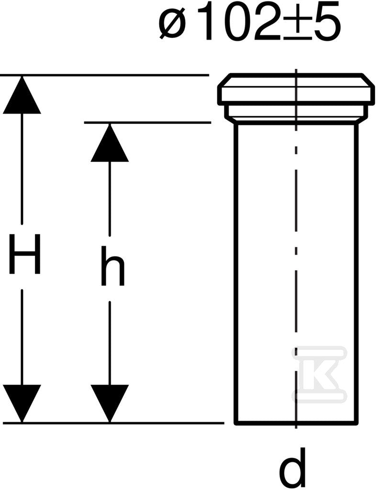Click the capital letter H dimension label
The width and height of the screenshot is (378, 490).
[25, 254]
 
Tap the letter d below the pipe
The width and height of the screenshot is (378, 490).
[293, 467]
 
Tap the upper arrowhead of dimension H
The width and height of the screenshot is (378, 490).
[22, 94]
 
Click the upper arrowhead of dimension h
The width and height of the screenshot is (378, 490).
[110, 142]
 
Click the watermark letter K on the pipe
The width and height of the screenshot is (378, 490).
[319, 373]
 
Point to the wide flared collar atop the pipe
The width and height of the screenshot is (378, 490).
[296, 89]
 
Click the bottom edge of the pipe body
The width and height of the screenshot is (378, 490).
[296, 423]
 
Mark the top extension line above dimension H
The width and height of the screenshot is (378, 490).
[104, 75]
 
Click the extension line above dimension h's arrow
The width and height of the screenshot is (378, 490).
[147, 122]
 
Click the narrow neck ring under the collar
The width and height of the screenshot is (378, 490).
[296, 113]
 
